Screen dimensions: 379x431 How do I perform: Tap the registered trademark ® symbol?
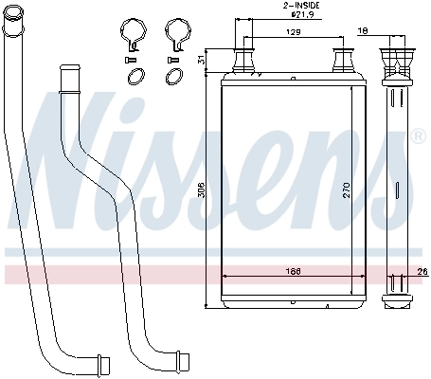(418, 138)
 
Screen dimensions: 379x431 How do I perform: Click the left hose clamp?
(135, 34)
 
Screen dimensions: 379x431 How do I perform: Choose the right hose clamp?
(175, 34)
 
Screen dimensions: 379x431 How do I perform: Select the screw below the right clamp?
(172, 60)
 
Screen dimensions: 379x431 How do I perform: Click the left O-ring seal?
(135, 78)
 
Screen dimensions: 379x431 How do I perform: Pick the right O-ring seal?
(176, 78)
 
